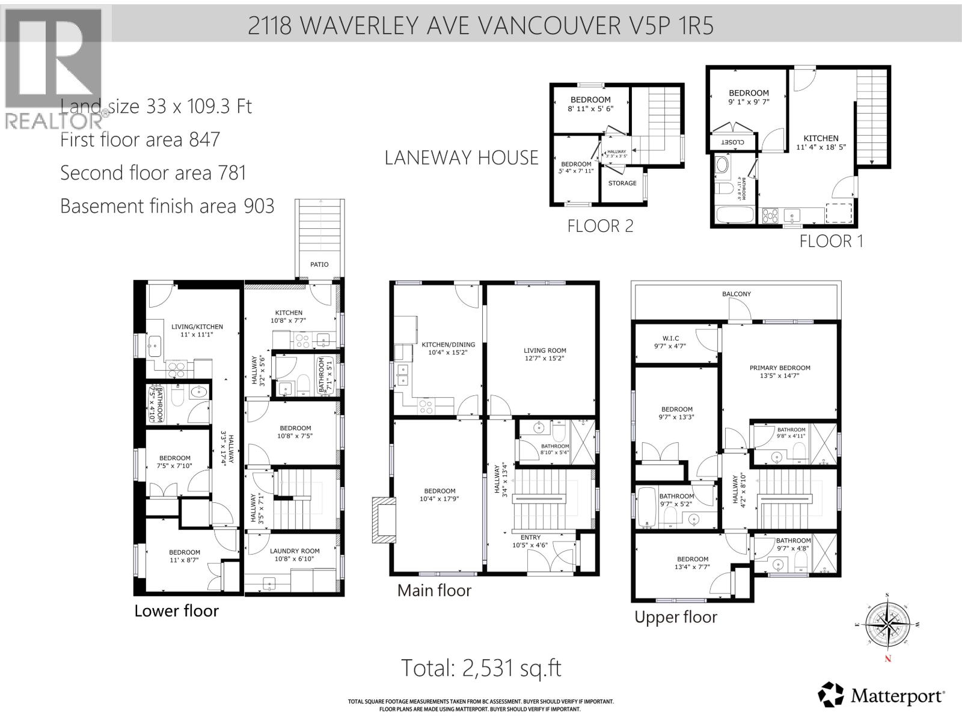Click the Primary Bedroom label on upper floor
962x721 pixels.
[x=780, y=368]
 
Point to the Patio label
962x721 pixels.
[x=319, y=264]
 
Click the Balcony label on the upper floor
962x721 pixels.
[x=737, y=294]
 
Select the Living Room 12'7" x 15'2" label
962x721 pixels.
[x=545, y=350]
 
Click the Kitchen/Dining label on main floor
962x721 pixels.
[x=448, y=345]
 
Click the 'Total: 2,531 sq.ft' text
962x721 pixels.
[x=481, y=668]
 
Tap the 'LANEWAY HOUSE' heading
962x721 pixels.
[x=461, y=158]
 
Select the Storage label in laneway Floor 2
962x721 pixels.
[x=622, y=183]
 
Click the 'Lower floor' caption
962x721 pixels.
[x=176, y=611]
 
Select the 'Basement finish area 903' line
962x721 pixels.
[x=167, y=206]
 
